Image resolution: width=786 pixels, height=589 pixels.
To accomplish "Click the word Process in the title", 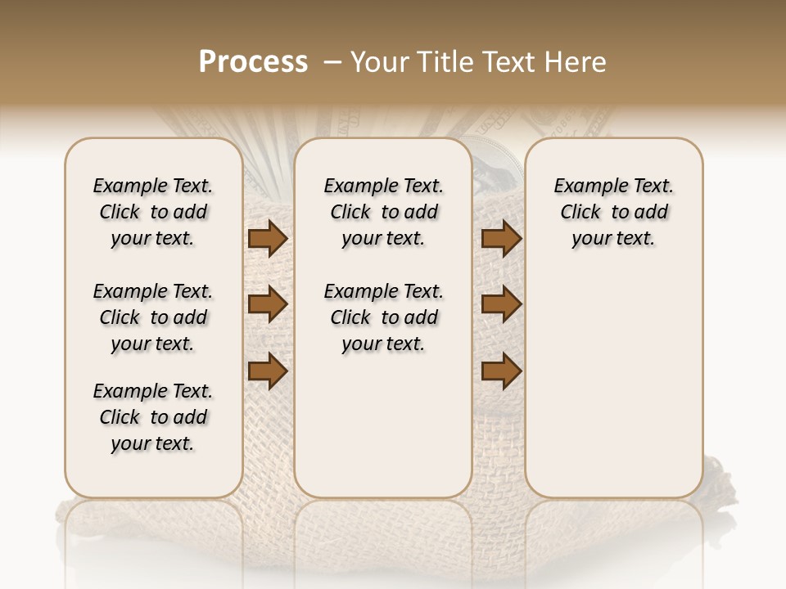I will click(x=253, y=62).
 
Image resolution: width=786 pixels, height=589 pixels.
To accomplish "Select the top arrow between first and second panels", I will click(x=268, y=239).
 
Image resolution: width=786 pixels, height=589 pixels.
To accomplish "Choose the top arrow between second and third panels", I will click(x=501, y=239).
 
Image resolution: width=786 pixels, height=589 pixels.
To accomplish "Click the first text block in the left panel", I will click(x=153, y=212).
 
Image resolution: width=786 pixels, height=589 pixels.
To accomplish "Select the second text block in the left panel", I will click(x=153, y=317).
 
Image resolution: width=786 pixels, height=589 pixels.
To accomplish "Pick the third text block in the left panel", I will click(x=153, y=417).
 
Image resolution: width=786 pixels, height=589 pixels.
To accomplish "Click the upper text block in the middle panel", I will click(x=383, y=212).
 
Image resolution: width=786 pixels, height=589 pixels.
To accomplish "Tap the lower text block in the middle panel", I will click(x=383, y=317).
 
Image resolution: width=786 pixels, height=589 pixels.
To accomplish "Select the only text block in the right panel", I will click(x=613, y=212).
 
